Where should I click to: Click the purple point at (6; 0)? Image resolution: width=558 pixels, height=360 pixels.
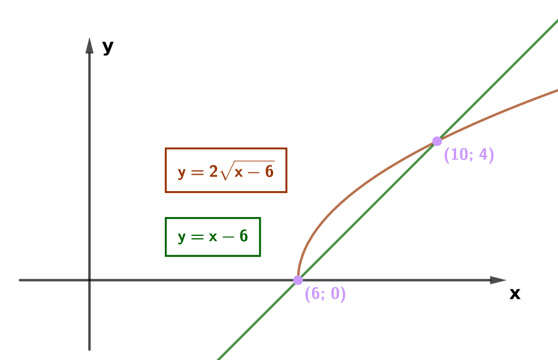pos(298,280)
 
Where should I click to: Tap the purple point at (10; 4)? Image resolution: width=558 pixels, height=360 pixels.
pos(437,141)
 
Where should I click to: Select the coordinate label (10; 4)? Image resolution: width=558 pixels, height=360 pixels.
pos(469,155)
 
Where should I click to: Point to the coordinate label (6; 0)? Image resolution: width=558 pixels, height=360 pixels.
pos(325,294)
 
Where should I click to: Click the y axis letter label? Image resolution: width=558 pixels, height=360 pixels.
pos(108,47)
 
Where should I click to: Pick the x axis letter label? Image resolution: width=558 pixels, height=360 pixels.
pos(515,294)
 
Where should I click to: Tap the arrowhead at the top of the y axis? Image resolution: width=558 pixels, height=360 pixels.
pos(89,45)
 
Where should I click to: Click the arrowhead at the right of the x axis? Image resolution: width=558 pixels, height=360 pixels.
pos(498,280)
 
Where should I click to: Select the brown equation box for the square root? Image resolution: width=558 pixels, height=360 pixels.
pos(226,170)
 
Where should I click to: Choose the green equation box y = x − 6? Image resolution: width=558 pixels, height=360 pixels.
pos(213,236)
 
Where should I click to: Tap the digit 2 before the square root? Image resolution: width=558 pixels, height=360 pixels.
pos(214,171)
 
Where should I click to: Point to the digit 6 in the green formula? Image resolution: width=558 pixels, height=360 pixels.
pos(244,236)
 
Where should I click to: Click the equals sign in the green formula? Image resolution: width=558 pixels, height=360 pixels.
pos(197,237)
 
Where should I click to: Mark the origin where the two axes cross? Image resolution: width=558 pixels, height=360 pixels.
pos(89,280)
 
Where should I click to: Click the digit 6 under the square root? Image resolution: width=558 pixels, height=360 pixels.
pos(270,172)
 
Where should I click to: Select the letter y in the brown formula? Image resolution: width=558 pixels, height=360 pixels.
pos(181,174)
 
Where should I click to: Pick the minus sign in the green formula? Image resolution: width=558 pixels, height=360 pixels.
pos(228,237)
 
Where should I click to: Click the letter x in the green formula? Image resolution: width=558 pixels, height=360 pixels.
pos(213,237)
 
